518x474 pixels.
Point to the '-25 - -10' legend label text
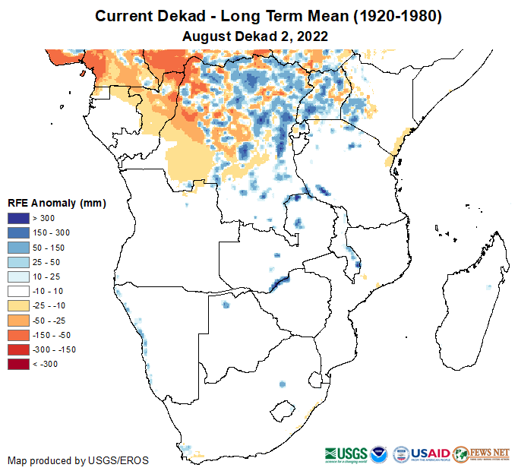point(49,306)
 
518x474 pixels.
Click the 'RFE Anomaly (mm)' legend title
point(56,204)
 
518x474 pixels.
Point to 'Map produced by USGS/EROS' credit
point(78,460)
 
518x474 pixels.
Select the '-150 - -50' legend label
point(50,335)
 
